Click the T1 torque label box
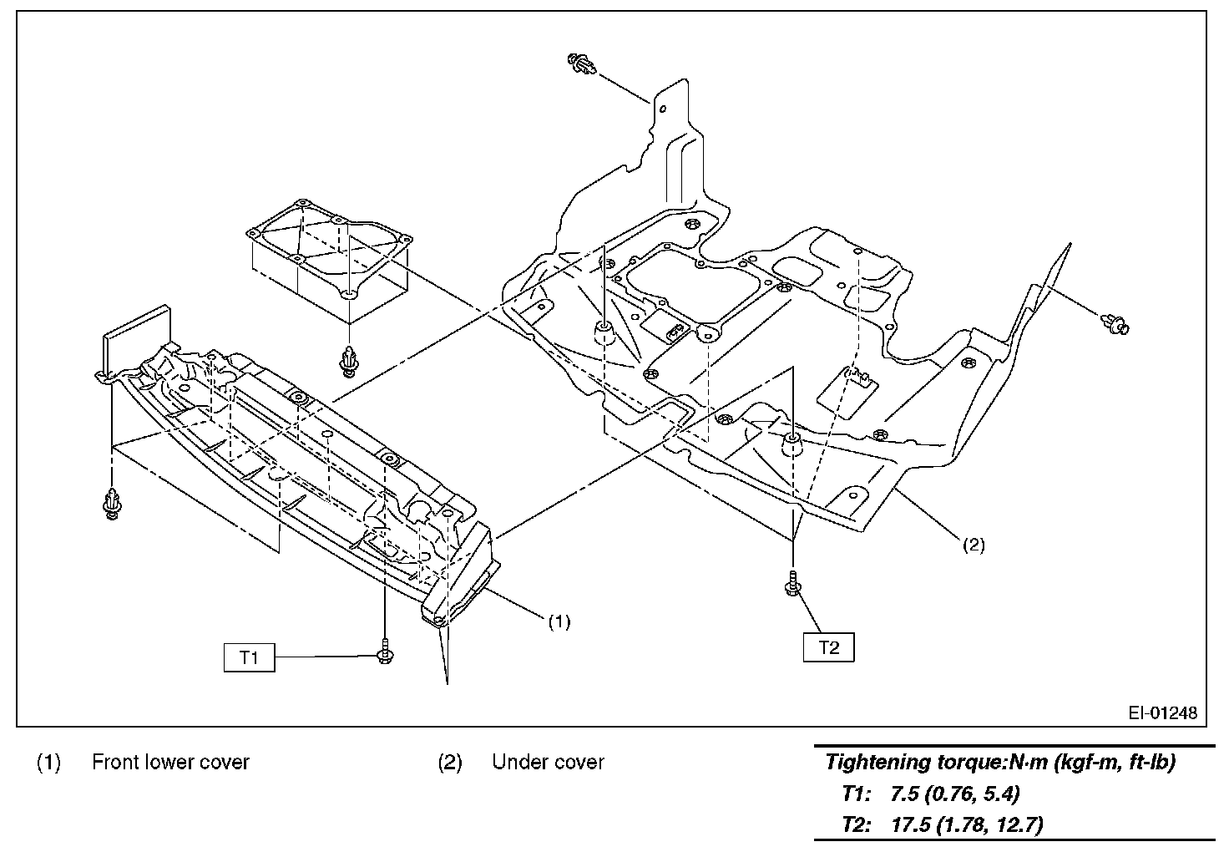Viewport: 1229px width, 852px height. (x=249, y=657)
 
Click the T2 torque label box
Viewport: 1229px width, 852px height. (x=828, y=647)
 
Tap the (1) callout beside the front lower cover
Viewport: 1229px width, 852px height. (x=559, y=621)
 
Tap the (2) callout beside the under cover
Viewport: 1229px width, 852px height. (x=974, y=545)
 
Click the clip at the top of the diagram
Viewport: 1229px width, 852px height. (x=582, y=63)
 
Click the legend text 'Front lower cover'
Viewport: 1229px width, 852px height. (x=170, y=762)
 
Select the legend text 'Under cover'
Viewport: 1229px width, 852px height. (x=548, y=762)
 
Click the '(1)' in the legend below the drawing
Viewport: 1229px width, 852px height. (x=48, y=762)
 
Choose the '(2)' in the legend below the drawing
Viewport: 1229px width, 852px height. (x=449, y=762)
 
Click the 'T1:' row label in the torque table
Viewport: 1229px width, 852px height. (x=857, y=793)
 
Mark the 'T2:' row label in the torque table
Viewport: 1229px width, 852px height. (x=857, y=824)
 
